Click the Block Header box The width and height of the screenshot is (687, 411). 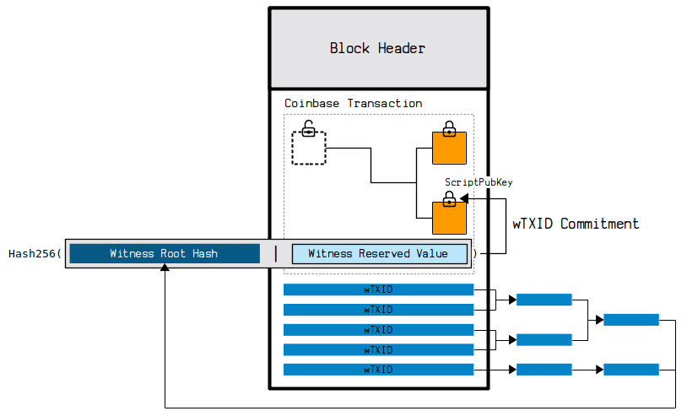377,48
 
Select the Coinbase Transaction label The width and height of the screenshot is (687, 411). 353,103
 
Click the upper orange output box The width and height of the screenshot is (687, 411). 449,149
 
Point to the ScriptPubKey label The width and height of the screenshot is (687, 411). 479,181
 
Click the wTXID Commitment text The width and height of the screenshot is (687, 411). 576,224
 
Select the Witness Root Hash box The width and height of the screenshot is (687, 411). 164,253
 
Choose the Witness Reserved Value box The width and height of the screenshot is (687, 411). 379,253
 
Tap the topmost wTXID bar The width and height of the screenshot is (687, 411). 378,289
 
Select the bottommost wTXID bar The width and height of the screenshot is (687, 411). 378,370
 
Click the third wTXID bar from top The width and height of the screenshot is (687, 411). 378,329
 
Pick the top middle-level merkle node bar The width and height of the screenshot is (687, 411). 544,300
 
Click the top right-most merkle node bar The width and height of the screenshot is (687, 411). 631,320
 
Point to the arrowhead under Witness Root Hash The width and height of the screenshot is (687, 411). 165,268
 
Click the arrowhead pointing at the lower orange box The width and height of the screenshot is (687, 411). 464,198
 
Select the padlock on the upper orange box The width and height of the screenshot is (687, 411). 449,129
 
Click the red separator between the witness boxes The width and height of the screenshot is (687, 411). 275,253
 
